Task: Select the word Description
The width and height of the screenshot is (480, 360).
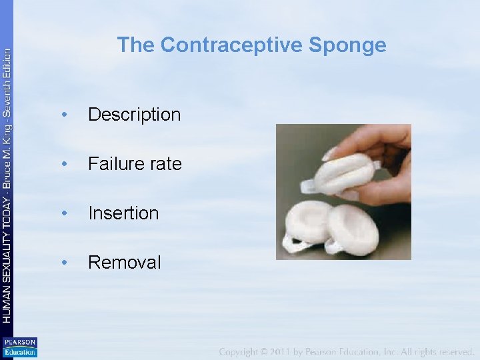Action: [134, 115]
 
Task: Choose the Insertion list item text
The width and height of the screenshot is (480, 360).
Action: [123, 213]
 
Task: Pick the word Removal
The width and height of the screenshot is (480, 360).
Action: [124, 263]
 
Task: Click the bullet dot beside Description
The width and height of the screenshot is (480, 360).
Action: [63, 115]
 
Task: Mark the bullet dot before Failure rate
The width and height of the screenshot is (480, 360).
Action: [63, 164]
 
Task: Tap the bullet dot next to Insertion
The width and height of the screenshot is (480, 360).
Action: [63, 213]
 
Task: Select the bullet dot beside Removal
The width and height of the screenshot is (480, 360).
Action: [63, 263]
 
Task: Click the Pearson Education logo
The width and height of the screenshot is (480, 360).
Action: [20, 347]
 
